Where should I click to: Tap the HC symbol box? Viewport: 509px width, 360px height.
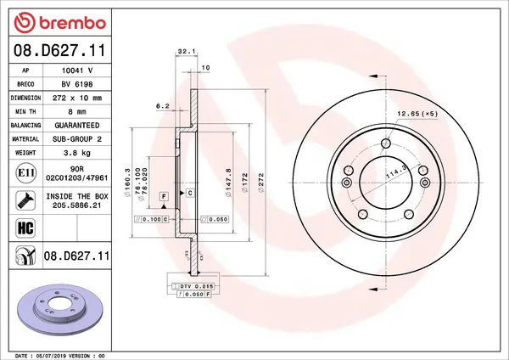click(25, 227)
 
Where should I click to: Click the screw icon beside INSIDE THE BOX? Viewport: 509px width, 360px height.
click(25, 200)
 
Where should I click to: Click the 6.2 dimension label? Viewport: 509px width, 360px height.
click(163, 106)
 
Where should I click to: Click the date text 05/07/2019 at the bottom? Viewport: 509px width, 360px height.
click(53, 355)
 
